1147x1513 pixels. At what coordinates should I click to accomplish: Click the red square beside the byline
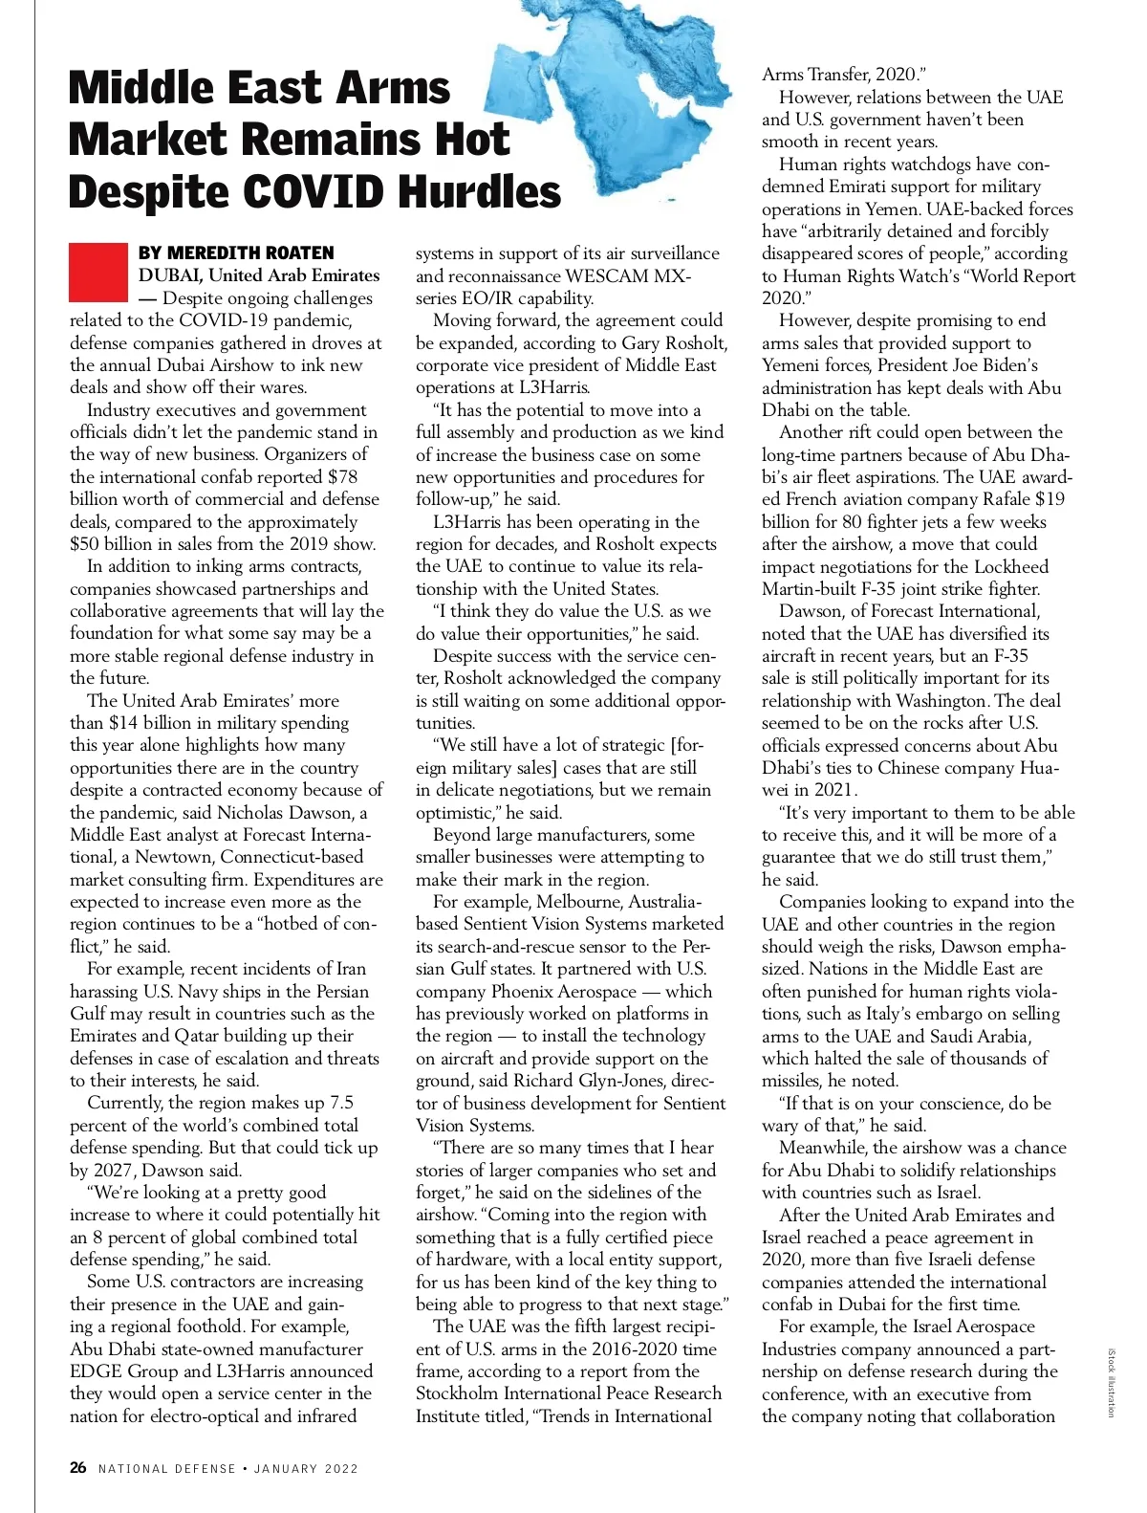tap(97, 272)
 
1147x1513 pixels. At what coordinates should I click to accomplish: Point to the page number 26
tap(78, 1467)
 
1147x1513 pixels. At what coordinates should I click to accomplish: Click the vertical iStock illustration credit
tap(1111, 1383)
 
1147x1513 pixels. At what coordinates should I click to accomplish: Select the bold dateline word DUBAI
tap(169, 275)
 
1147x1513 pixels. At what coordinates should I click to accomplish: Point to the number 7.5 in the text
tap(341, 1103)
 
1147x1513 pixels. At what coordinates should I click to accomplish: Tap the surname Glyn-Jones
tap(630, 1081)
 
